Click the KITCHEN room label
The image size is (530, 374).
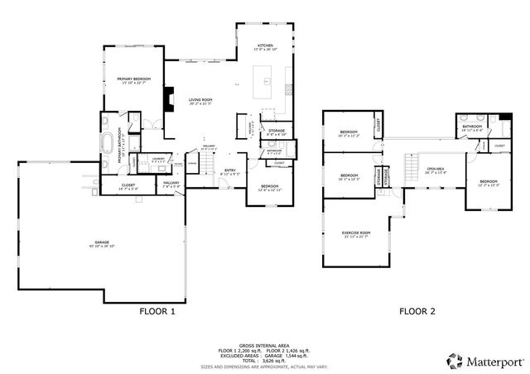[x=265, y=46]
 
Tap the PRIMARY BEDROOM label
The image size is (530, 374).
[x=133, y=79]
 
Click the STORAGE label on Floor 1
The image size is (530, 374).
[x=277, y=130]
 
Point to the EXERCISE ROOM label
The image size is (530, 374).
[x=356, y=233]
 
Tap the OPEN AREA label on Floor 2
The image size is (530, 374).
[x=436, y=170]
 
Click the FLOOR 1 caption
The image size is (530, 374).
[x=157, y=312]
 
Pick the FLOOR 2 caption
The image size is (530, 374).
[x=417, y=312]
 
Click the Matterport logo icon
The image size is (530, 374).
[x=454, y=360]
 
